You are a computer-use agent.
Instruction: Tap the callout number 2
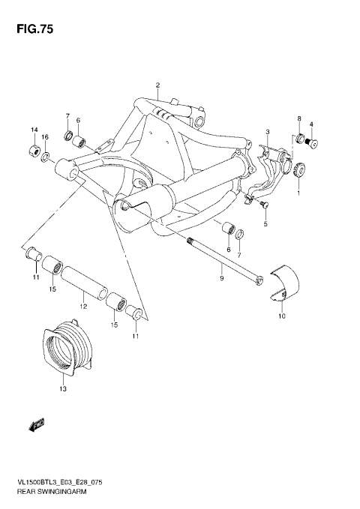(158, 84)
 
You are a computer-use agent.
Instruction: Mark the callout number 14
(34, 130)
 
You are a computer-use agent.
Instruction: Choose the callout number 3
(267, 133)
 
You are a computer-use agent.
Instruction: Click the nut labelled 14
(34, 151)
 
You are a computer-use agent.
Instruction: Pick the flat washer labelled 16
(46, 155)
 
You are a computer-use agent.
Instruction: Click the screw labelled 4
(312, 143)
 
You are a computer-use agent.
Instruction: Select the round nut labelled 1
(299, 169)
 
